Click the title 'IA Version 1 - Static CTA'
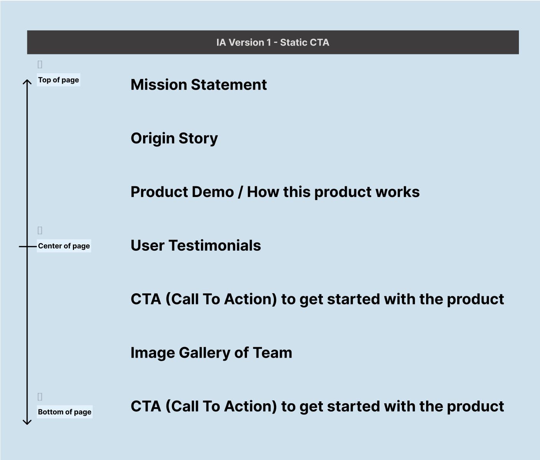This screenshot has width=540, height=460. tap(273, 43)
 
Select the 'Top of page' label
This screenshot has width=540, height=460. tap(58, 80)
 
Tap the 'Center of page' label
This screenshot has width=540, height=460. tap(64, 246)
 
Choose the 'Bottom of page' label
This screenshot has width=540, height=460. tap(64, 412)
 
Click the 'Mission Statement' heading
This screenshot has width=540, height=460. tap(199, 85)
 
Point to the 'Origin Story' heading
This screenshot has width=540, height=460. tap(174, 138)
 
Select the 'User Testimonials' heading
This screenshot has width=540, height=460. tap(196, 246)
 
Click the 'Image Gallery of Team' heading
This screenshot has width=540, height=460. tap(211, 353)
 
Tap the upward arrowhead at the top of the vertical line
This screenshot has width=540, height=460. tap(27, 82)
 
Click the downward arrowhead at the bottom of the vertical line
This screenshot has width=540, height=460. tap(27, 422)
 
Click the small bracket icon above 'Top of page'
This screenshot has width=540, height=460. tap(40, 64)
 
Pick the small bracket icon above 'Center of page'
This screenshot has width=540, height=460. tap(40, 230)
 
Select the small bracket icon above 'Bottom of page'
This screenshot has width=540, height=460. tap(40, 397)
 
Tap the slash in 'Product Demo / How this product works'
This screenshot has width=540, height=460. tap(240, 192)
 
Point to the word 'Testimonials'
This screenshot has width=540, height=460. tap(215, 246)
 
